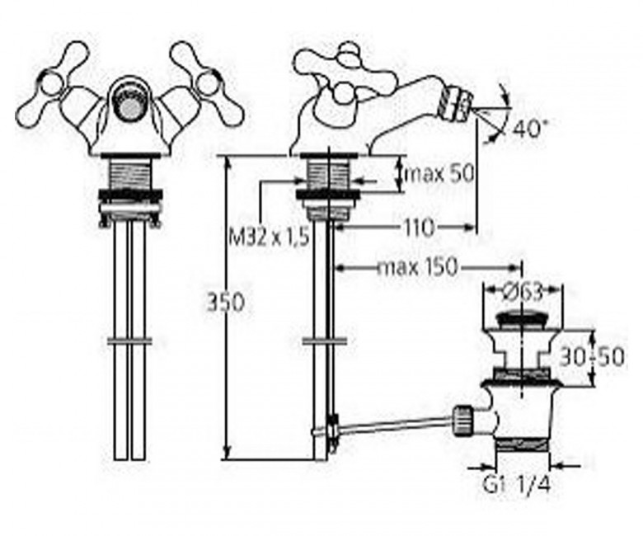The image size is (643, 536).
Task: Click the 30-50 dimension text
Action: coord(590,356)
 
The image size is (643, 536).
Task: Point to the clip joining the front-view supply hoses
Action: coord(129,340)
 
